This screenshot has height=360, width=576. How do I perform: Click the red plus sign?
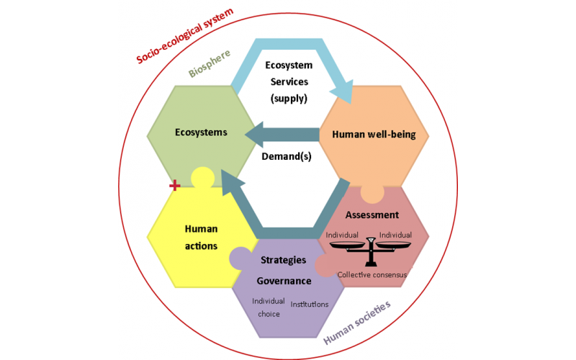coord(175,186)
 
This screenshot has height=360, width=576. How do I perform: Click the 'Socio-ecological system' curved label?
coord(185,35)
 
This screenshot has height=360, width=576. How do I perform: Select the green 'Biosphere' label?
coord(210,63)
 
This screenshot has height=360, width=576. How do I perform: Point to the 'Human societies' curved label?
coord(356,323)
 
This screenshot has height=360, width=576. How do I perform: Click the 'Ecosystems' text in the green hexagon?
coord(201,132)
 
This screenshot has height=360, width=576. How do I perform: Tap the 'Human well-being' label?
coord(374,135)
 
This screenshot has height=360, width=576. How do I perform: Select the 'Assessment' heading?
coord(372,215)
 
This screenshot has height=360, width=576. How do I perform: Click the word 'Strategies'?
coord(283,260)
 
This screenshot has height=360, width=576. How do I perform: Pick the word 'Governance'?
coord(284,281)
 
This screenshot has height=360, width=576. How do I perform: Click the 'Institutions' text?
coord(310,304)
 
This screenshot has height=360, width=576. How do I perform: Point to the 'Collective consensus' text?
coord(372,275)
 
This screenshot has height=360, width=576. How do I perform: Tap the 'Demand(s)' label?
coord(287,156)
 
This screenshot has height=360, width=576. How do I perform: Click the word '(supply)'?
coord(289,99)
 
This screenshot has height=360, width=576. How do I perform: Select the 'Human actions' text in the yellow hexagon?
coord(201,238)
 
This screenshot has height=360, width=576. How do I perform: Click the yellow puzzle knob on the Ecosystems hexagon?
coord(203,177)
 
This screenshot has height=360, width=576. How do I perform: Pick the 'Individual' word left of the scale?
coord(342,235)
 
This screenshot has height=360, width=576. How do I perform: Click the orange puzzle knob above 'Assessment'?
coord(372,194)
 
